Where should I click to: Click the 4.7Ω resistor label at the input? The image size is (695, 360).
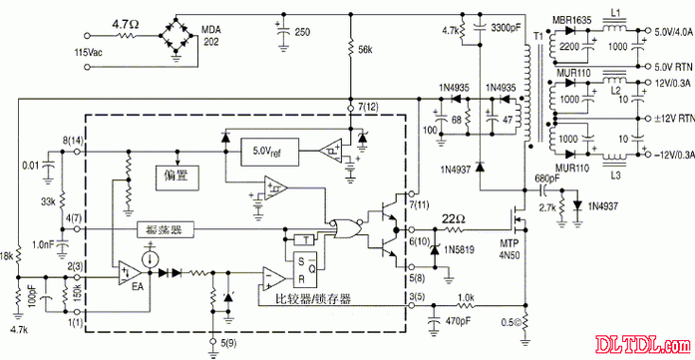(127, 21)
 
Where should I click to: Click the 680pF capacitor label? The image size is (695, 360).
(547, 180)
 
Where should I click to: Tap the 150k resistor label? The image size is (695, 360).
(77, 295)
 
